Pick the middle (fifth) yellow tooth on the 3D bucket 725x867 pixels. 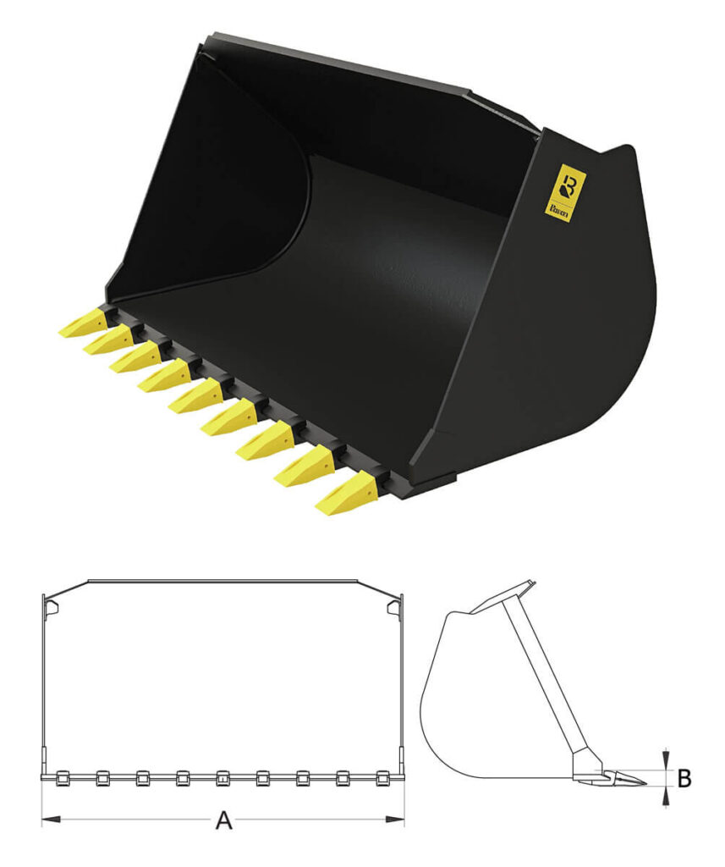pos(194,398)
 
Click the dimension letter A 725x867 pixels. pos(223,820)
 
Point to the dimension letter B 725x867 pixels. pos(684,778)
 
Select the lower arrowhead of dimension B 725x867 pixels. pos(667,795)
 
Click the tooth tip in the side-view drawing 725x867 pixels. pos(641,781)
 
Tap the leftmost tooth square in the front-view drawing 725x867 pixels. pos(61,777)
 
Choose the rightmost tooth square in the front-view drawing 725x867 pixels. pos(383,777)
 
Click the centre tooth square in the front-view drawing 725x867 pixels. pos(222,777)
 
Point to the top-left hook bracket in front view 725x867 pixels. pos(51,606)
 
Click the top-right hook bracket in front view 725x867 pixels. pos(393,606)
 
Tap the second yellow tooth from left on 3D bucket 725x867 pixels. pos(105,341)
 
